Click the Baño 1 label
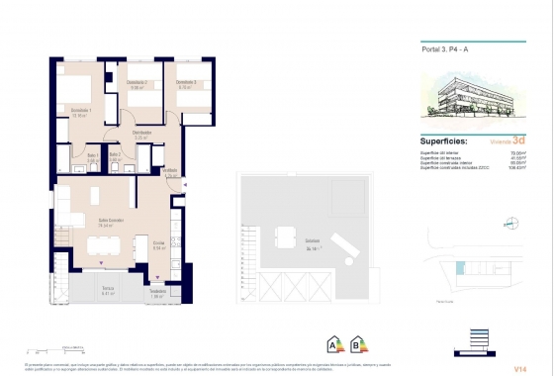click(x=91, y=155)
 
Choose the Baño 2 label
click(x=115, y=155)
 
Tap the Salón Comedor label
click(x=110, y=221)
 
